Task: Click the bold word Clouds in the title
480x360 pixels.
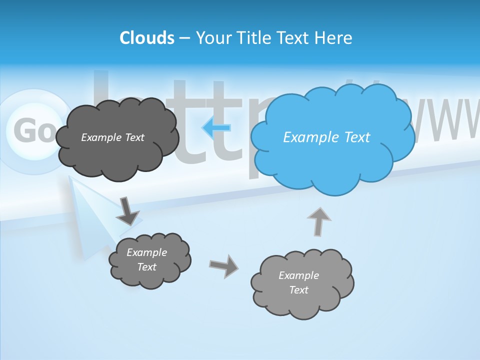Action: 147,37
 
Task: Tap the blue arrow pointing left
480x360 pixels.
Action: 216,127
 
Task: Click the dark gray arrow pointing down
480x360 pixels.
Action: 127,211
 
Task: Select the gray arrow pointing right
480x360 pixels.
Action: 223,265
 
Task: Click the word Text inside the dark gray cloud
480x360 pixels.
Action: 134,137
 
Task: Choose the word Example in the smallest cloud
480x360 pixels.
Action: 146,252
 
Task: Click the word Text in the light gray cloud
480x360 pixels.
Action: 298,290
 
